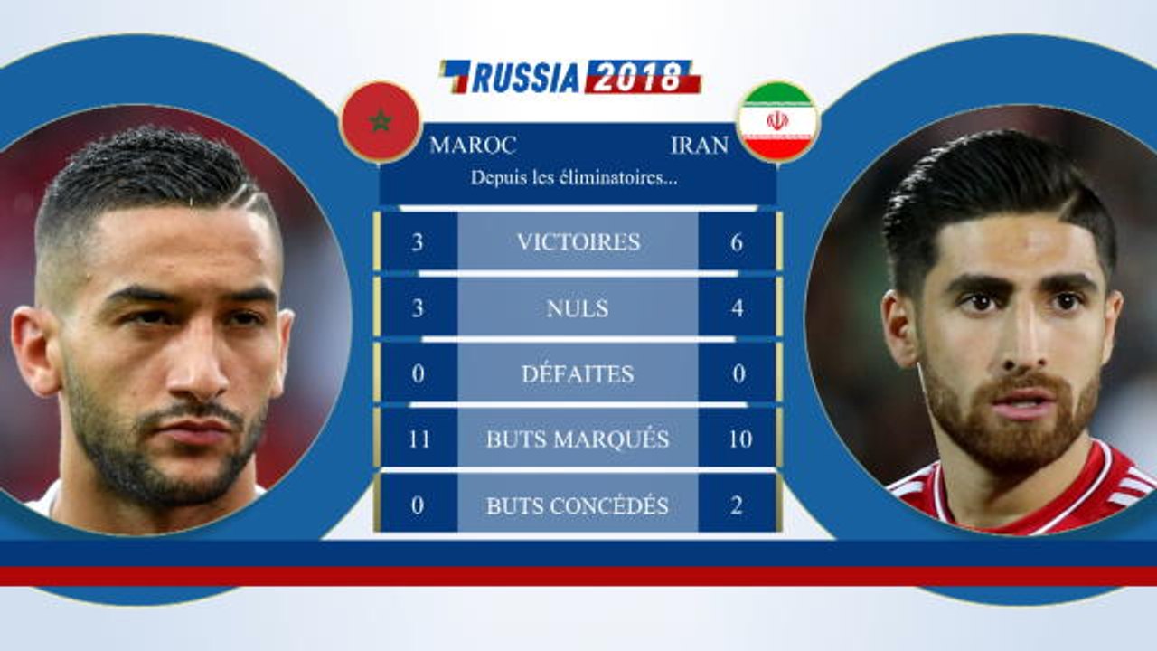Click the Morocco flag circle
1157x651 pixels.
pyautogui.click(x=381, y=121)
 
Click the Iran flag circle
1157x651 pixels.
pyautogui.click(x=777, y=121)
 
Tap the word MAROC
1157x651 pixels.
pyautogui.click(x=473, y=145)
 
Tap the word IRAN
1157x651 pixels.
pyautogui.click(x=700, y=145)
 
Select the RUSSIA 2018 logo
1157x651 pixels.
pyautogui.click(x=570, y=77)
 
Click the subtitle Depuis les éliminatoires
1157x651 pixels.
pyautogui.click(x=574, y=177)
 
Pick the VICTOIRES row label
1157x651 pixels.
pyautogui.click(x=578, y=241)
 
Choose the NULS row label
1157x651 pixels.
pyautogui.click(x=578, y=308)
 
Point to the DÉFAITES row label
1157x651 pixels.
pyautogui.click(x=578, y=373)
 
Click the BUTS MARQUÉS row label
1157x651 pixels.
pyautogui.click(x=578, y=439)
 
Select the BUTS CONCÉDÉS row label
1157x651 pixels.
pyautogui.click(x=578, y=505)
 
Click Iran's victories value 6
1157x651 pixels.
pyautogui.click(x=737, y=241)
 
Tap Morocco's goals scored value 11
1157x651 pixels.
pyautogui.click(x=418, y=439)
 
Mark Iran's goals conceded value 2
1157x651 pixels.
pyautogui.click(x=737, y=505)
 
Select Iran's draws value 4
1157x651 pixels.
pyautogui.click(x=737, y=308)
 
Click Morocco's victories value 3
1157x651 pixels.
pyautogui.click(x=418, y=241)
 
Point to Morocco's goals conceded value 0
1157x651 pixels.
pyautogui.click(x=418, y=505)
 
